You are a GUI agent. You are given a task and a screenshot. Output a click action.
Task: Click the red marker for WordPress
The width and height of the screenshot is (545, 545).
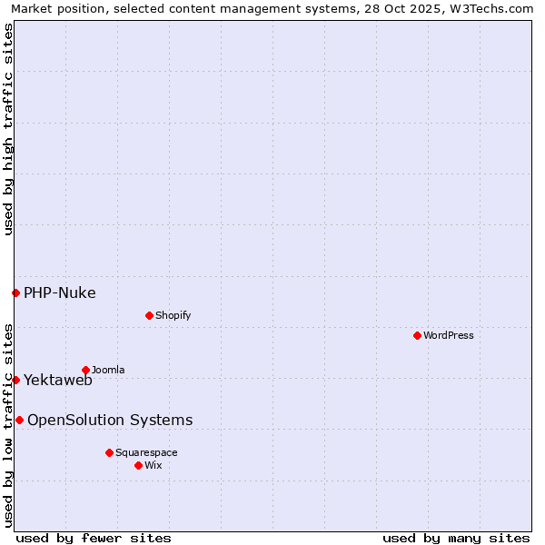(x=417, y=335)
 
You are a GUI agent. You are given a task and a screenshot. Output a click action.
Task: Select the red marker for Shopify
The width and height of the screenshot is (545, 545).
(x=149, y=315)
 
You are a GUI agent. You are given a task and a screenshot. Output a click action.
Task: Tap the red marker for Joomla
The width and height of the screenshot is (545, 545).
(x=85, y=370)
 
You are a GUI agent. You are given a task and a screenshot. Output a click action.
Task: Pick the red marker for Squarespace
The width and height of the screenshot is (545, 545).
(x=109, y=452)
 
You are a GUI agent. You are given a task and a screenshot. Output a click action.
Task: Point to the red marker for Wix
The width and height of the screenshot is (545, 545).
(x=138, y=465)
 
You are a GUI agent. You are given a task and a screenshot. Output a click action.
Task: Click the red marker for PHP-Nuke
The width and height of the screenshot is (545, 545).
(x=15, y=292)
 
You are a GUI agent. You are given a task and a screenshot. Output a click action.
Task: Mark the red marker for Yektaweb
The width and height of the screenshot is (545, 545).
(x=15, y=380)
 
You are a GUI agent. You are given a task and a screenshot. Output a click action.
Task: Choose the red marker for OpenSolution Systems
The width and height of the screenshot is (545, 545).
(x=19, y=420)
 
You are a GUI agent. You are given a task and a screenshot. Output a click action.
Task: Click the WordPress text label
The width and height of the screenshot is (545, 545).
(x=449, y=335)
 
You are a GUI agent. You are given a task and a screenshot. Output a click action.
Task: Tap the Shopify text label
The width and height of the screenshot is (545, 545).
(x=173, y=315)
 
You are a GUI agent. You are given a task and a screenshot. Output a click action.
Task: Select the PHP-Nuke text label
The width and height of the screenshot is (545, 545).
(x=60, y=292)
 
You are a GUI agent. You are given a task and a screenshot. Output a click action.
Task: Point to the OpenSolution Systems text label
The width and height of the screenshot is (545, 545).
(x=110, y=420)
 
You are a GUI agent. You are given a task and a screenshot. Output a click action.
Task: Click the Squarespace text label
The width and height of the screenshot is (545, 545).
(x=146, y=452)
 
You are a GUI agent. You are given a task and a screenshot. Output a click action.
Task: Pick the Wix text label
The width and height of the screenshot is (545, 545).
(x=154, y=465)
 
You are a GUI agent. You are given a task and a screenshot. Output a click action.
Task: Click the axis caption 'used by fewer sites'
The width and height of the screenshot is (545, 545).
(x=94, y=538)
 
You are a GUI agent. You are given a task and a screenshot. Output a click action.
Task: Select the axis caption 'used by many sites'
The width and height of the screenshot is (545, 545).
(x=456, y=538)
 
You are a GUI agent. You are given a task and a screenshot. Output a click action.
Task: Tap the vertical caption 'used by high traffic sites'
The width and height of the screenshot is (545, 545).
(x=8, y=129)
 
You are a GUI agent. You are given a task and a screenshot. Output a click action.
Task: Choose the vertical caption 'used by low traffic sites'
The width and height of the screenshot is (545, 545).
(x=8, y=424)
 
